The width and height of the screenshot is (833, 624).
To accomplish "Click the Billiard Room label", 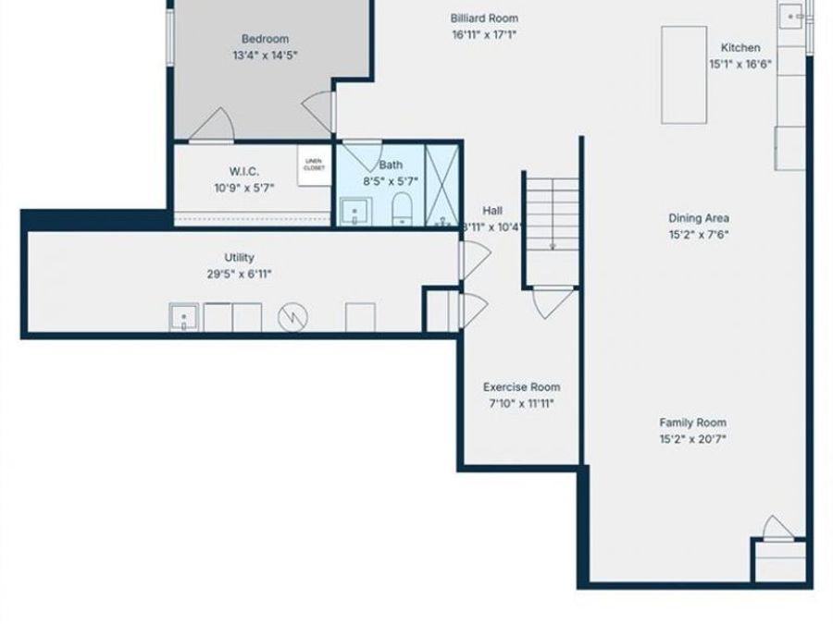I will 484,18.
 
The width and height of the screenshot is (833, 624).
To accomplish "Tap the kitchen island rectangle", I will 684,74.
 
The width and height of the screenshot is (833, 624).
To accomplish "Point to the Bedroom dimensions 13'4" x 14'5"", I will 265,55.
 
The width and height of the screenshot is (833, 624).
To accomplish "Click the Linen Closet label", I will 314,165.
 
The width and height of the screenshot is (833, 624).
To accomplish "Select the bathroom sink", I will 354,213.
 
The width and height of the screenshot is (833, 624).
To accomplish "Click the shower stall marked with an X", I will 442,185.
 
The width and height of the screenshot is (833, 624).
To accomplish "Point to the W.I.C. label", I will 244,172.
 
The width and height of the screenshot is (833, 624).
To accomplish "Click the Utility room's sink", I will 183,317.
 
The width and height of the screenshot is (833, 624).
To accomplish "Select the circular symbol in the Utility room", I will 293,317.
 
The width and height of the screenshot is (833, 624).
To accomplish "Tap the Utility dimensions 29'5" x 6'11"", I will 239,274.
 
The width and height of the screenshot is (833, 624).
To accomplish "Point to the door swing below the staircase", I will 553,301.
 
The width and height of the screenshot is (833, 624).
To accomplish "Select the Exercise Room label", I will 521,387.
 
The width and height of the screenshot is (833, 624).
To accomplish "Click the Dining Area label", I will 699,218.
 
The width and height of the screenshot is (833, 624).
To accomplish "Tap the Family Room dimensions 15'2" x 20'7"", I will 692,439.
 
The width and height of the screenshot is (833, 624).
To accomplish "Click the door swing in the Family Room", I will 777,529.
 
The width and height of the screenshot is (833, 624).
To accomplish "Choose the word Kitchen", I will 740,48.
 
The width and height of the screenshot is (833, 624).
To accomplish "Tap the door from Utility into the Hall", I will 475,258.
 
